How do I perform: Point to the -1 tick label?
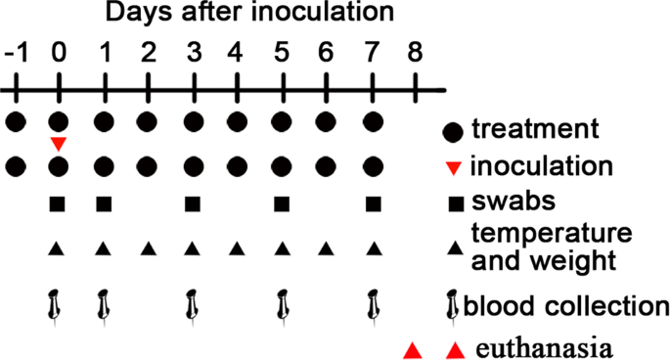click(15, 51)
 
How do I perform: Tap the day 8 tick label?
click(416, 51)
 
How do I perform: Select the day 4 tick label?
click(236, 51)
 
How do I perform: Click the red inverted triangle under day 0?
click(59, 144)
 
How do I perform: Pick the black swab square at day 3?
click(192, 204)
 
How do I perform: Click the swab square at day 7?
click(372, 204)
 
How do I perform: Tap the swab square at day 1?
click(103, 204)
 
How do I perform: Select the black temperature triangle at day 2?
click(148, 248)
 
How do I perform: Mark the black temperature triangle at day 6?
click(327, 248)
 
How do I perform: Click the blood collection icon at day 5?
click(282, 305)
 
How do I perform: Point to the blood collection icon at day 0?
click(57, 305)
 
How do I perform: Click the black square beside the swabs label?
click(454, 203)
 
